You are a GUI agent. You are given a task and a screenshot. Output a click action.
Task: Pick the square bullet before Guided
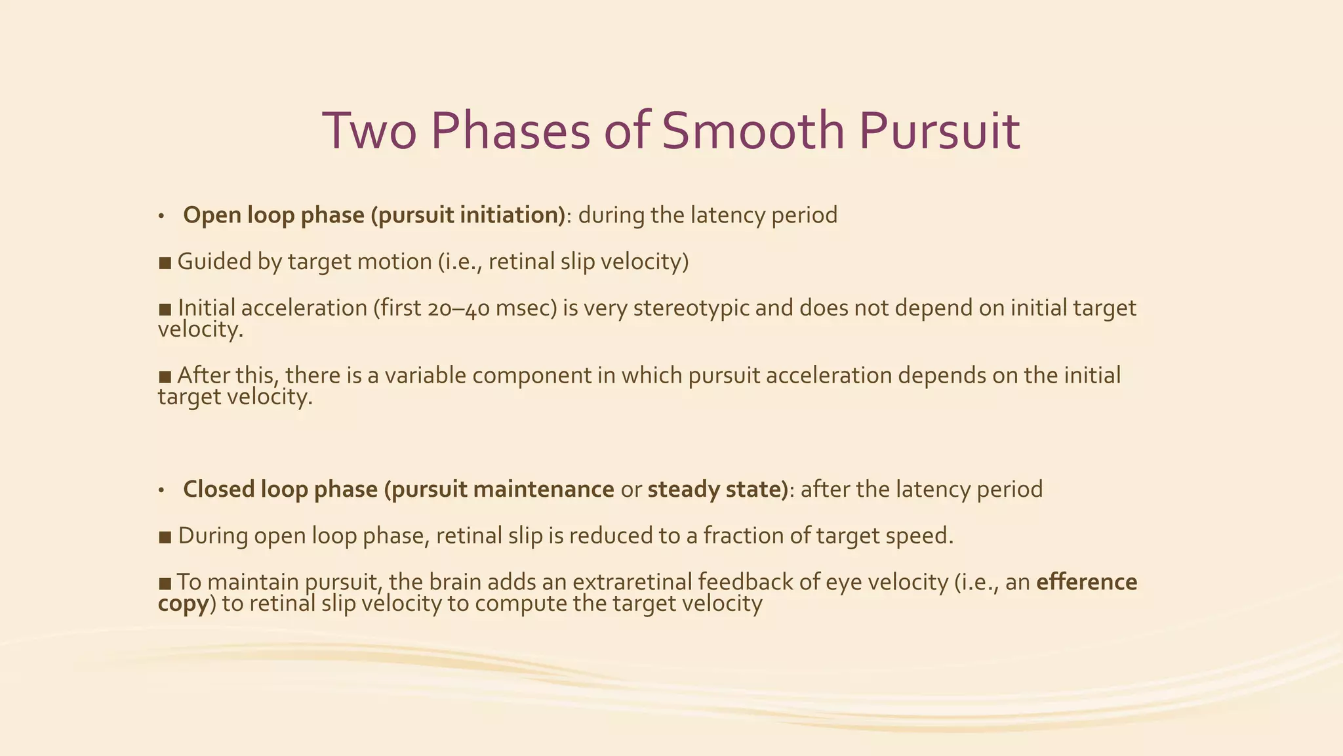(x=165, y=262)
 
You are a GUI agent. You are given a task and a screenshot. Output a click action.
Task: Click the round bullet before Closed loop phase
(x=161, y=490)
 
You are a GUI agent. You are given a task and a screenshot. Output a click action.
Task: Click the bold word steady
(x=680, y=490)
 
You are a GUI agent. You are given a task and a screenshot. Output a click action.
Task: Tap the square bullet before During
(x=165, y=537)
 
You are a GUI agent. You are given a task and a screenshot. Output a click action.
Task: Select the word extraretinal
(x=631, y=582)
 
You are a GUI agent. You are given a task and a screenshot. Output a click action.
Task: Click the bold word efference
(x=1087, y=582)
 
